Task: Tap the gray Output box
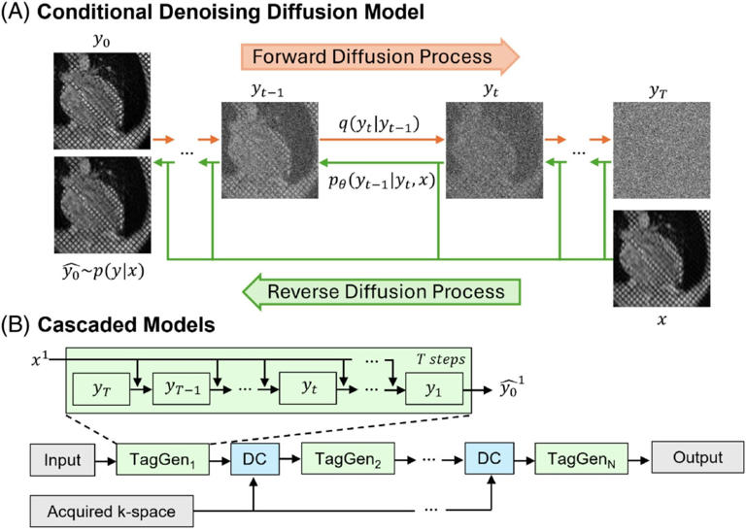688,458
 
